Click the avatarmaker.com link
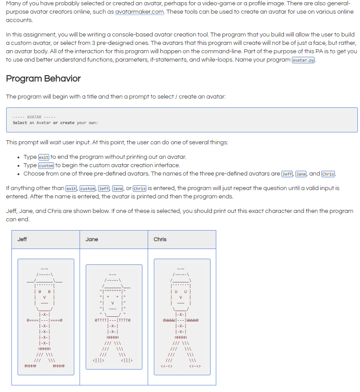[x=139, y=12]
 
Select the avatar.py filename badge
[x=304, y=60]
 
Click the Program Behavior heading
[x=44, y=79]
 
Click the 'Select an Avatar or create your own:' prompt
[x=55, y=123]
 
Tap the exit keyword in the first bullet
[x=44, y=157]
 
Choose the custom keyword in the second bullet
[x=46, y=165]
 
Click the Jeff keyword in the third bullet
[x=287, y=174]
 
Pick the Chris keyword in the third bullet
[x=328, y=174]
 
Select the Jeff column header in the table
[x=22, y=239]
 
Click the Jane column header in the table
[x=92, y=239]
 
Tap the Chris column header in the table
[x=160, y=239]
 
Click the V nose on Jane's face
[x=113, y=302]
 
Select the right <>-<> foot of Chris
[x=195, y=366]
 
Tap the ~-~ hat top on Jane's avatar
[x=113, y=274]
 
